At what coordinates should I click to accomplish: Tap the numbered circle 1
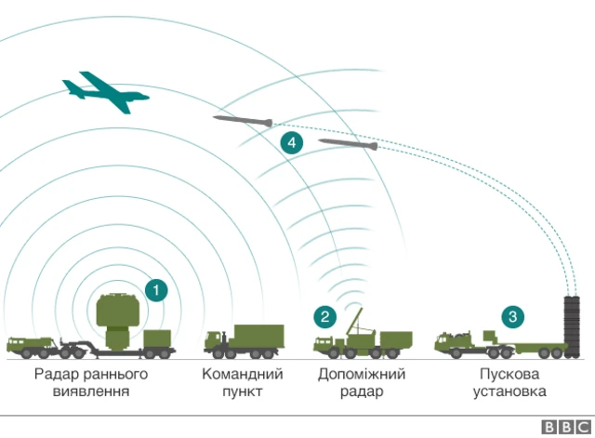[157, 289]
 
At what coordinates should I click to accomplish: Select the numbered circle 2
[324, 316]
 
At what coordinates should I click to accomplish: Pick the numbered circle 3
[511, 316]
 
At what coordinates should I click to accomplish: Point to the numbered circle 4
[291, 142]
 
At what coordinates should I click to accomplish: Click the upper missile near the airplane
[243, 120]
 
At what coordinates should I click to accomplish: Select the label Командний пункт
[243, 382]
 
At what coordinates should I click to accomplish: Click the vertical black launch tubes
[571, 325]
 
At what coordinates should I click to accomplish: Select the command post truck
[244, 340]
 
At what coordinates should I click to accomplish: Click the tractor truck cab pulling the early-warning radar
[25, 345]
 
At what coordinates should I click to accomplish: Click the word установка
[509, 392]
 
